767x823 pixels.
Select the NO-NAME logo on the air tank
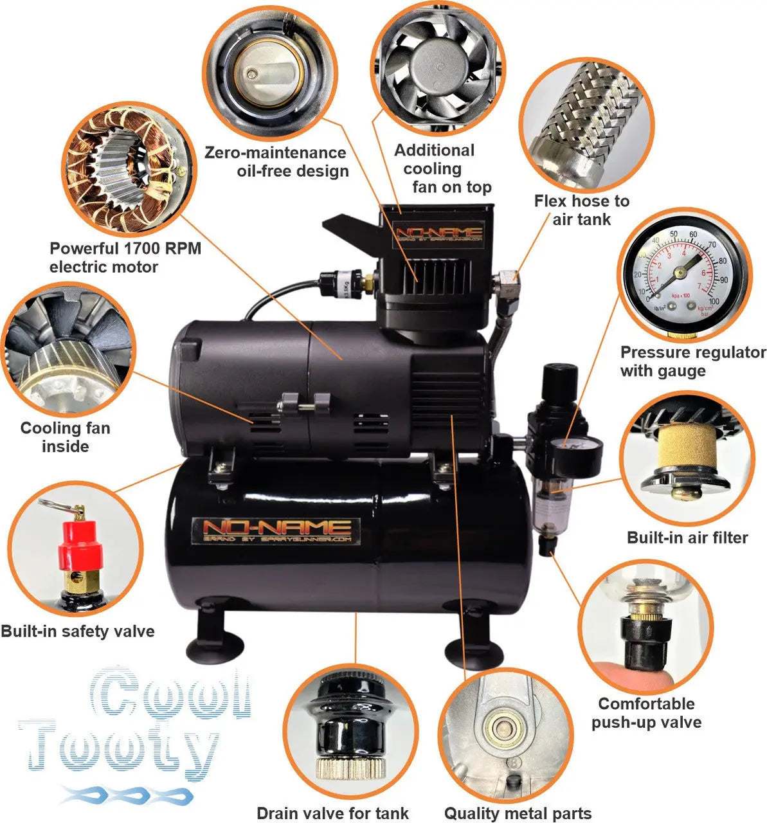276,531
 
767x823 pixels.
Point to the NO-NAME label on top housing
440,232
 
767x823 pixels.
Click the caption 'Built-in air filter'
687,537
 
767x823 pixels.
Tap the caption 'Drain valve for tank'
332,813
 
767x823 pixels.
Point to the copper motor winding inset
125,168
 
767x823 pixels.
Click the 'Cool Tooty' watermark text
135,733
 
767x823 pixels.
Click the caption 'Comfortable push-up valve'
646,712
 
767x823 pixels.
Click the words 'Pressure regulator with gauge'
692,361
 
